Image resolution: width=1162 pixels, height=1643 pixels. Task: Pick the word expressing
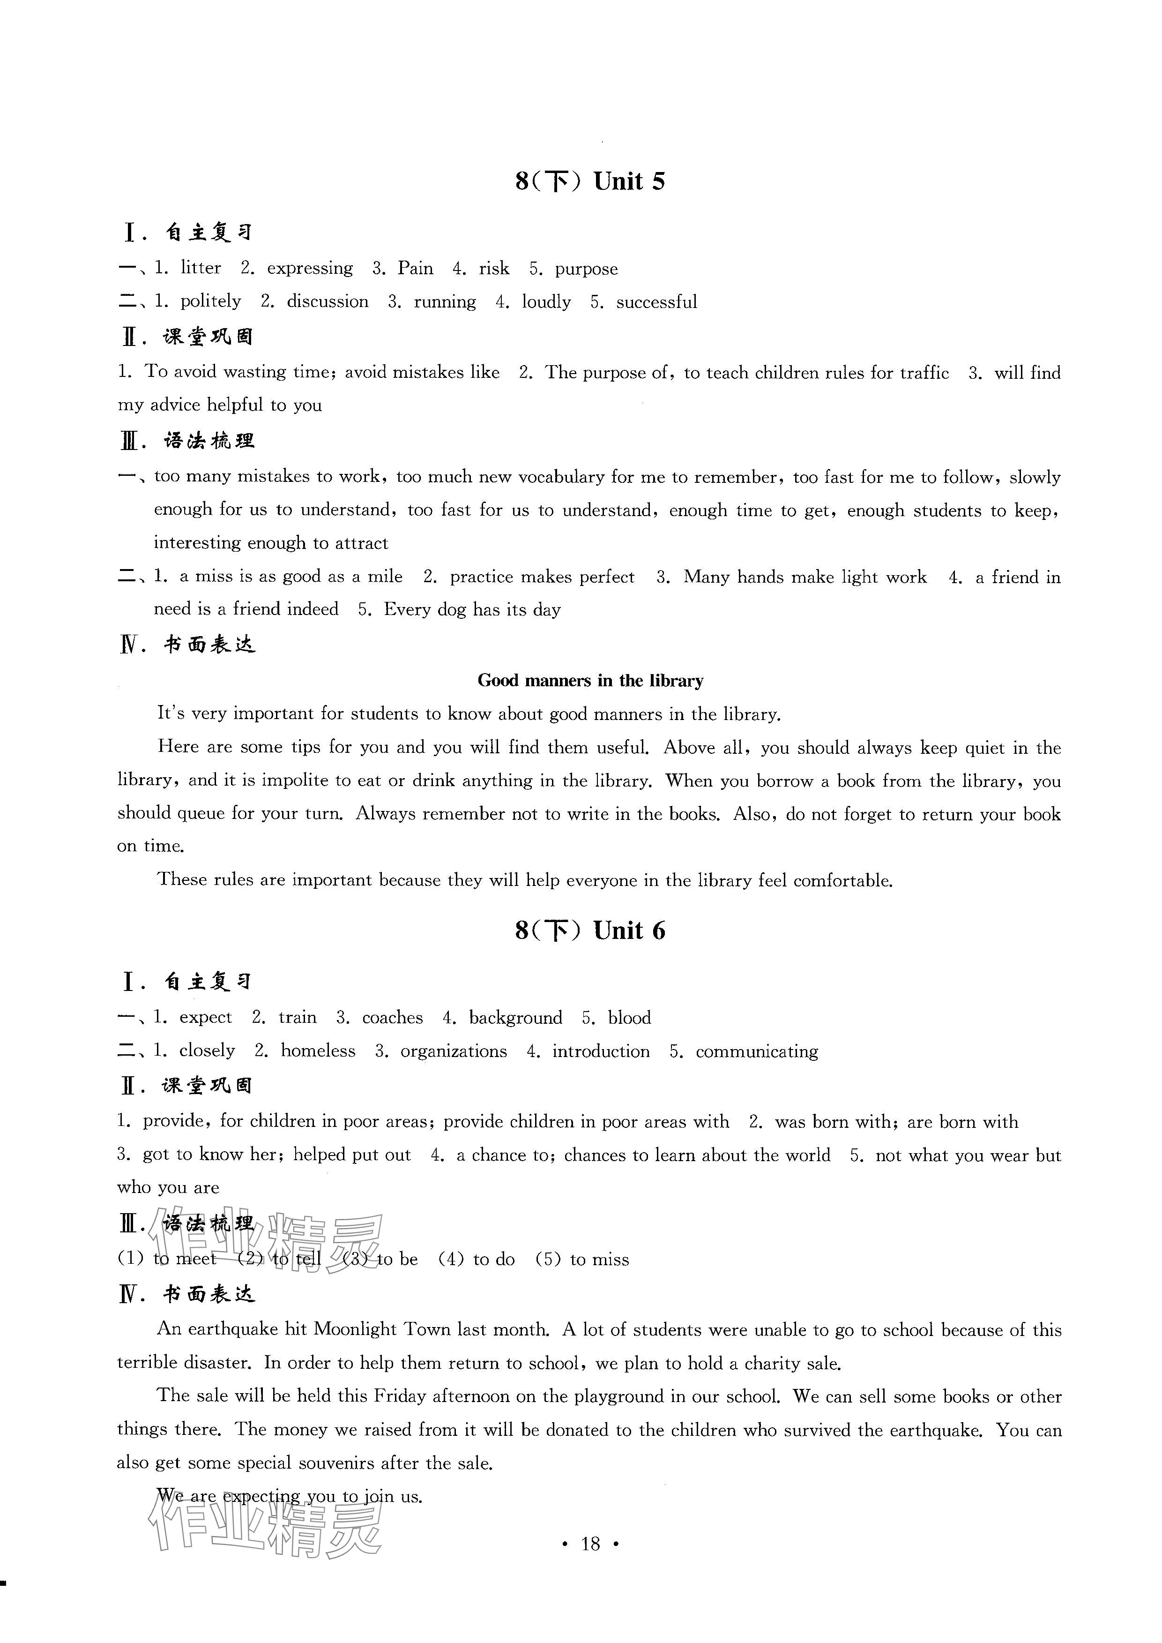[x=310, y=269]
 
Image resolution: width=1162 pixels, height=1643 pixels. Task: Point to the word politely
[x=210, y=301]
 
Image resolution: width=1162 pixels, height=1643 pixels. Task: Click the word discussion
[x=328, y=301]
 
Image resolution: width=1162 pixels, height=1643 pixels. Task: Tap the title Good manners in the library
[x=590, y=680]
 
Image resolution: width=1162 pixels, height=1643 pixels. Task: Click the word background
[x=515, y=1018]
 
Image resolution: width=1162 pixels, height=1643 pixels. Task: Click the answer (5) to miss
[x=582, y=1259]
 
